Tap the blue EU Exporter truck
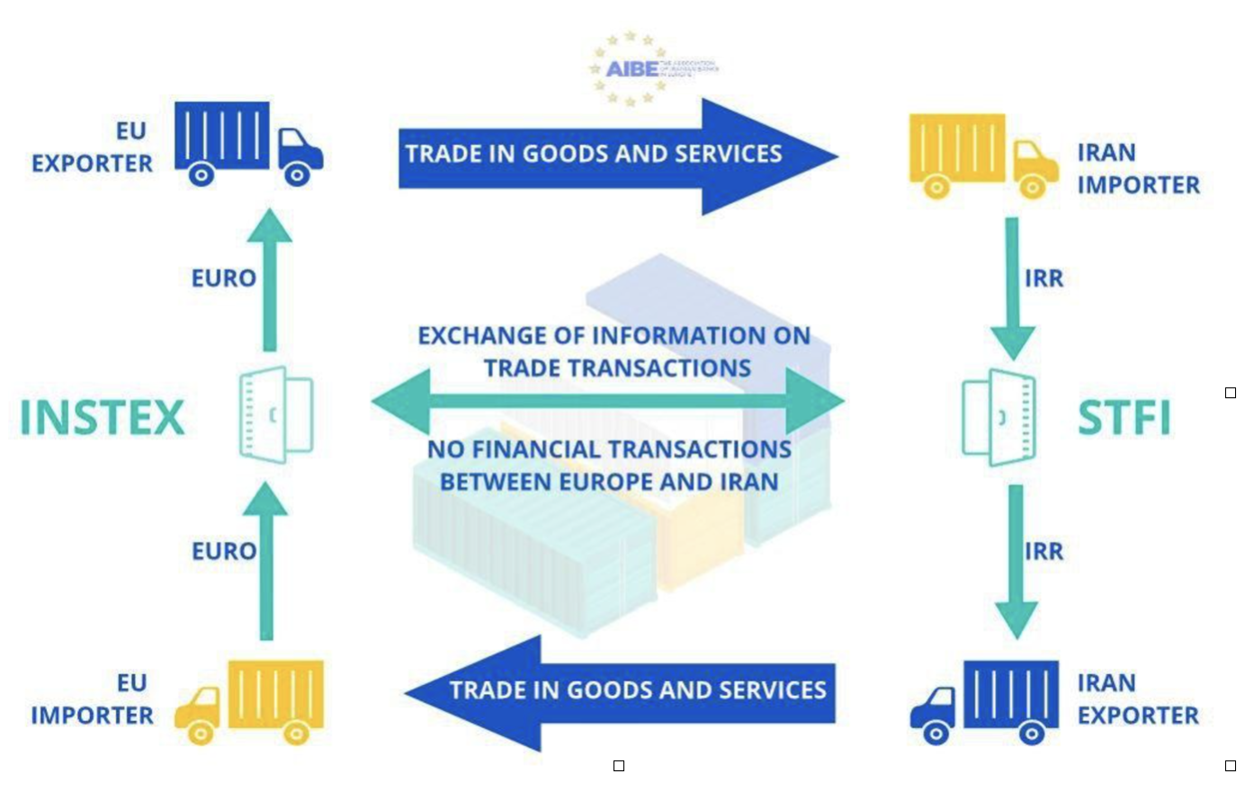[x=247, y=143]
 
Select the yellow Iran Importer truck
[x=982, y=155]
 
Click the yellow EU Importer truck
[x=250, y=702]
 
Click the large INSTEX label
[x=103, y=418]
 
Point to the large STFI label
[x=1124, y=418]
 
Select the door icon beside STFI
[x=999, y=417]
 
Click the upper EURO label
[x=224, y=279]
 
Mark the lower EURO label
[x=224, y=551]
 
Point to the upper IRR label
[x=1043, y=279]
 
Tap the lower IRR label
[x=1043, y=551]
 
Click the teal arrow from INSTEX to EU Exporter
[x=270, y=279]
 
